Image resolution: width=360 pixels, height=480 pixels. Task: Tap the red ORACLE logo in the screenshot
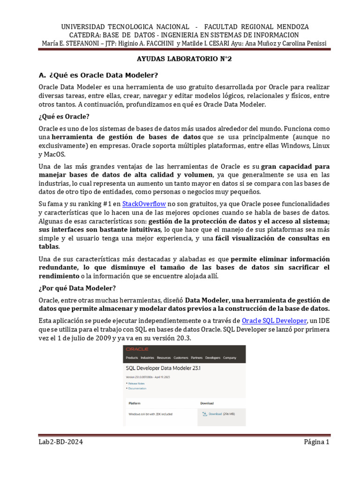(137, 349)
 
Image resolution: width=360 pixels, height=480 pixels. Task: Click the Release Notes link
(136, 383)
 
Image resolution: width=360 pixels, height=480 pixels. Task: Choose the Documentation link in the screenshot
(137, 388)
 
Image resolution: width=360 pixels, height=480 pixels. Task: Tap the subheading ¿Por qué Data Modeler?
(77, 288)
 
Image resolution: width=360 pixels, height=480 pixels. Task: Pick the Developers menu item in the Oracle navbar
(212, 358)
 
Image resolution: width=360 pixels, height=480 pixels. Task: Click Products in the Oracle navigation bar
(133, 358)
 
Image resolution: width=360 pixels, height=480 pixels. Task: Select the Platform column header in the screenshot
(135, 403)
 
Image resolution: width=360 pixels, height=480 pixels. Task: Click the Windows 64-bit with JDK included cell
(150, 414)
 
